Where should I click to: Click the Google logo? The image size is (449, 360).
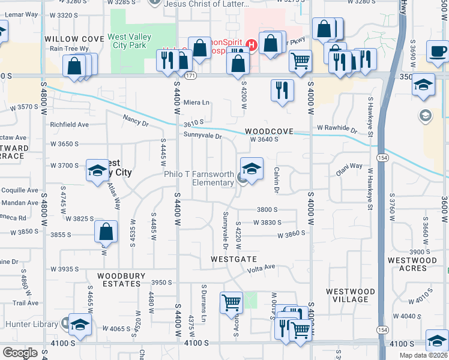point(20,353)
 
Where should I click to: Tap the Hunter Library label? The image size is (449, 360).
point(30,324)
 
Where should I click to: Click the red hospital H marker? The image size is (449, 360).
point(252,44)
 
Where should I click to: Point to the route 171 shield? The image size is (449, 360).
point(190,76)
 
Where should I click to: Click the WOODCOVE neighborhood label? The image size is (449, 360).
point(269,131)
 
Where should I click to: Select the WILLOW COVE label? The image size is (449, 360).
point(70,38)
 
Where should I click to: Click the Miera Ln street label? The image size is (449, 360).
point(196,102)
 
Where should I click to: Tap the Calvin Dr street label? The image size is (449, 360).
point(277,180)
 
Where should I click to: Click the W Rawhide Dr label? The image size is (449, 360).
point(337,128)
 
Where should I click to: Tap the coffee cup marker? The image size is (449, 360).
point(438,52)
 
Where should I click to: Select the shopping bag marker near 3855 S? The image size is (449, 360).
point(106,232)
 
